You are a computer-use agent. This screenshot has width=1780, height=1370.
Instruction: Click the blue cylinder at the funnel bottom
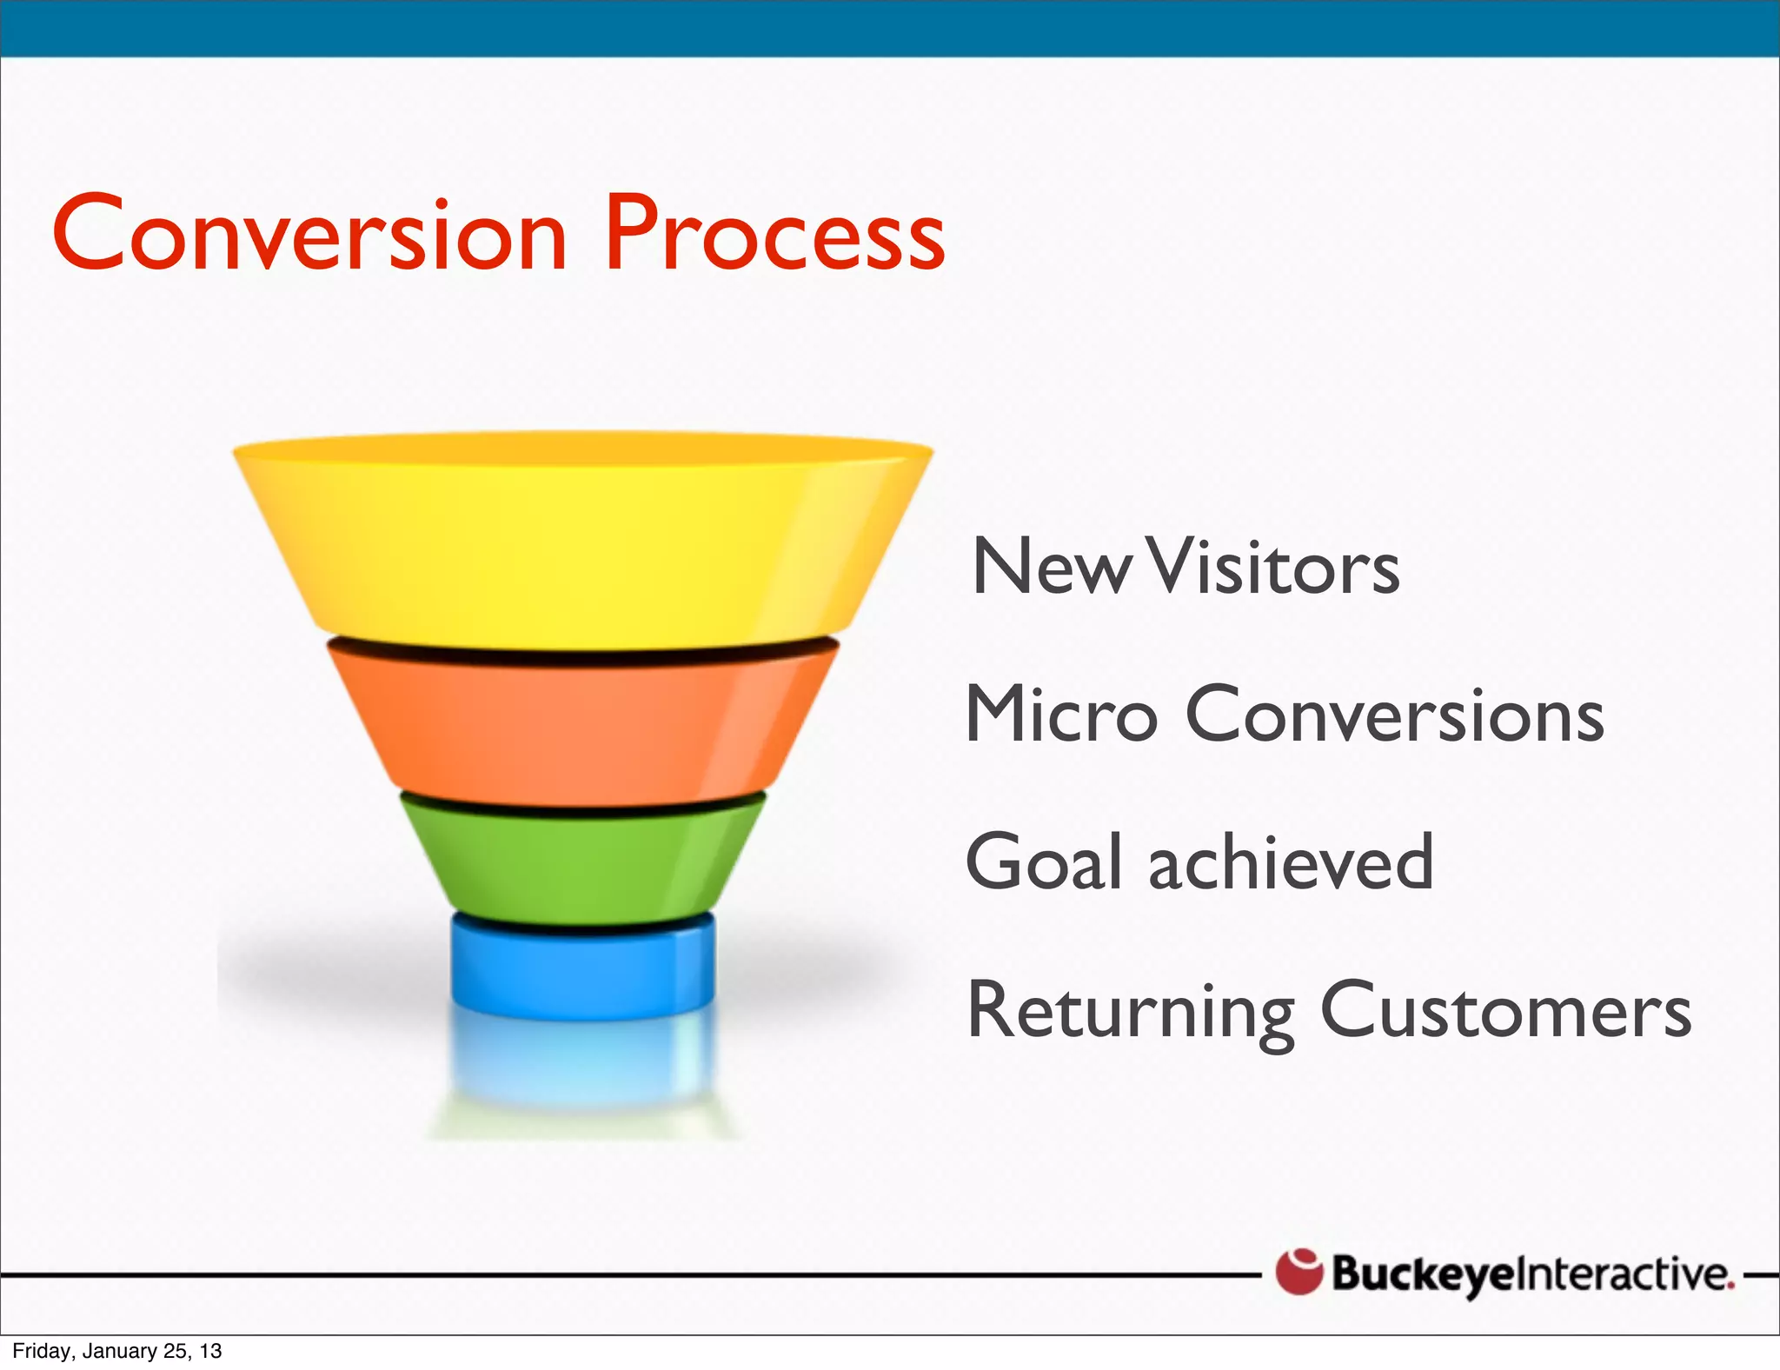pyautogui.click(x=582, y=969)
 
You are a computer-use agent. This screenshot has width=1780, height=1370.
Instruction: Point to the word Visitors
pyautogui.click(x=1273, y=568)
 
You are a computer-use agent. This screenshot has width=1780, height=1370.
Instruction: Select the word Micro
pyautogui.click(x=1061, y=715)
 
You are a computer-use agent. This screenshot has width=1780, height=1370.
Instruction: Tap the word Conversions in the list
pyautogui.click(x=1394, y=715)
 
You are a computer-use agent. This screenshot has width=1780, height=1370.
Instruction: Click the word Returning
pyautogui.click(x=1130, y=1011)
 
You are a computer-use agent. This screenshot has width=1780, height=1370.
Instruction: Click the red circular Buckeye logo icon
pyautogui.click(x=1298, y=1272)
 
